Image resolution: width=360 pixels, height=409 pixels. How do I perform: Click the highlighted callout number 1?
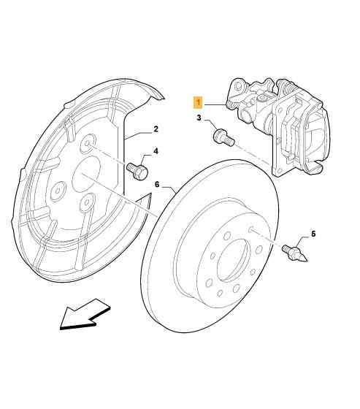[x=199, y=103]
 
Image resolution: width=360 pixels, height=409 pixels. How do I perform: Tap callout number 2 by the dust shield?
[x=156, y=129]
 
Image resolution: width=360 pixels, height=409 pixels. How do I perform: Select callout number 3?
[x=199, y=118]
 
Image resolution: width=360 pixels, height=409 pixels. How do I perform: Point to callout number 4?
[x=156, y=151]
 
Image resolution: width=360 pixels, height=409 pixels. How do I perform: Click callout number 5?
[x=313, y=234]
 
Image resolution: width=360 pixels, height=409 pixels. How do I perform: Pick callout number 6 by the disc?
[x=157, y=184]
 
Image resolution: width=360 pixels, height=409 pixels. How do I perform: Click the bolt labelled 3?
[x=224, y=137]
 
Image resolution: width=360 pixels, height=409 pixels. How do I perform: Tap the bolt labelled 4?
[x=137, y=171]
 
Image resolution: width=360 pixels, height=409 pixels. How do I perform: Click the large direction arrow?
[x=85, y=314]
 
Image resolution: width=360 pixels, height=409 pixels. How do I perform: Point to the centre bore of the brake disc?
[x=233, y=260]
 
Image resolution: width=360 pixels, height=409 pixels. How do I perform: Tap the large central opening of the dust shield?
[x=86, y=175]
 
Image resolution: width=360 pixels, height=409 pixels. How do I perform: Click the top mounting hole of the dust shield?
[x=87, y=143]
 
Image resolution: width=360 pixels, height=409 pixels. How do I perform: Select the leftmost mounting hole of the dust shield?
[x=57, y=191]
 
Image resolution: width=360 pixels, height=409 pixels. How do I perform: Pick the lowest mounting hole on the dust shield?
[x=86, y=202]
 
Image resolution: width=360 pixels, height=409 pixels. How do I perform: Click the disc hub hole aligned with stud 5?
[x=251, y=229]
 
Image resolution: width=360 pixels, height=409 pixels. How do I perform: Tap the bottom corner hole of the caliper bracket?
[x=280, y=171]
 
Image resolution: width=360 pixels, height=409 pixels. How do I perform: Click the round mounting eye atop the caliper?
[x=237, y=85]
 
